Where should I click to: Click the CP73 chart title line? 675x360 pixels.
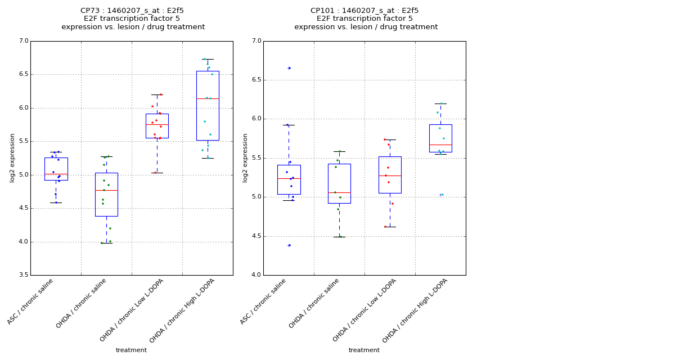(x=132, y=11)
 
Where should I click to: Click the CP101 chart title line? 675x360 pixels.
(x=364, y=11)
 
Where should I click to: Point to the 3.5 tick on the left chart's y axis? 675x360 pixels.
(x=23, y=275)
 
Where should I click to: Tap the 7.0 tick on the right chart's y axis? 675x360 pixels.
(x=256, y=41)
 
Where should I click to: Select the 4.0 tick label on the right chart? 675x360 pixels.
(x=256, y=275)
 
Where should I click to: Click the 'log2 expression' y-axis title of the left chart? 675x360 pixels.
(x=12, y=157)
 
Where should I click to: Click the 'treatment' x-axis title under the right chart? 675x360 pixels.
(x=364, y=350)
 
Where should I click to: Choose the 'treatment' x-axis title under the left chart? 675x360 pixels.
(x=131, y=350)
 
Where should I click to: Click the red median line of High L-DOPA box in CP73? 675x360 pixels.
(x=208, y=98)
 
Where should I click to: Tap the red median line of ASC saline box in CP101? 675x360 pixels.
(x=289, y=178)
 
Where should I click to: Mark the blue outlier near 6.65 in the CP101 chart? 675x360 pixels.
(x=289, y=68)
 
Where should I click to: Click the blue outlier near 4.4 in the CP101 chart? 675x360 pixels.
(x=289, y=245)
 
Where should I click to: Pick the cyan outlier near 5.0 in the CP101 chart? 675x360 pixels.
(x=442, y=195)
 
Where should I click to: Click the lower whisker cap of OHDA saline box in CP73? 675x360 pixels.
(x=106, y=243)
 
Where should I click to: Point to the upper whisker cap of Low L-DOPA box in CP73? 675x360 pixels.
(x=157, y=94)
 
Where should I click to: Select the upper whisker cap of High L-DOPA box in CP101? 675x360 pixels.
(x=440, y=103)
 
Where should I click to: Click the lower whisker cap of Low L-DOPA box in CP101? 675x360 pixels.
(x=390, y=227)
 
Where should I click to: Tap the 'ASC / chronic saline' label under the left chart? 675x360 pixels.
(x=31, y=301)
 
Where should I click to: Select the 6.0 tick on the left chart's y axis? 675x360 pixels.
(x=23, y=108)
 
